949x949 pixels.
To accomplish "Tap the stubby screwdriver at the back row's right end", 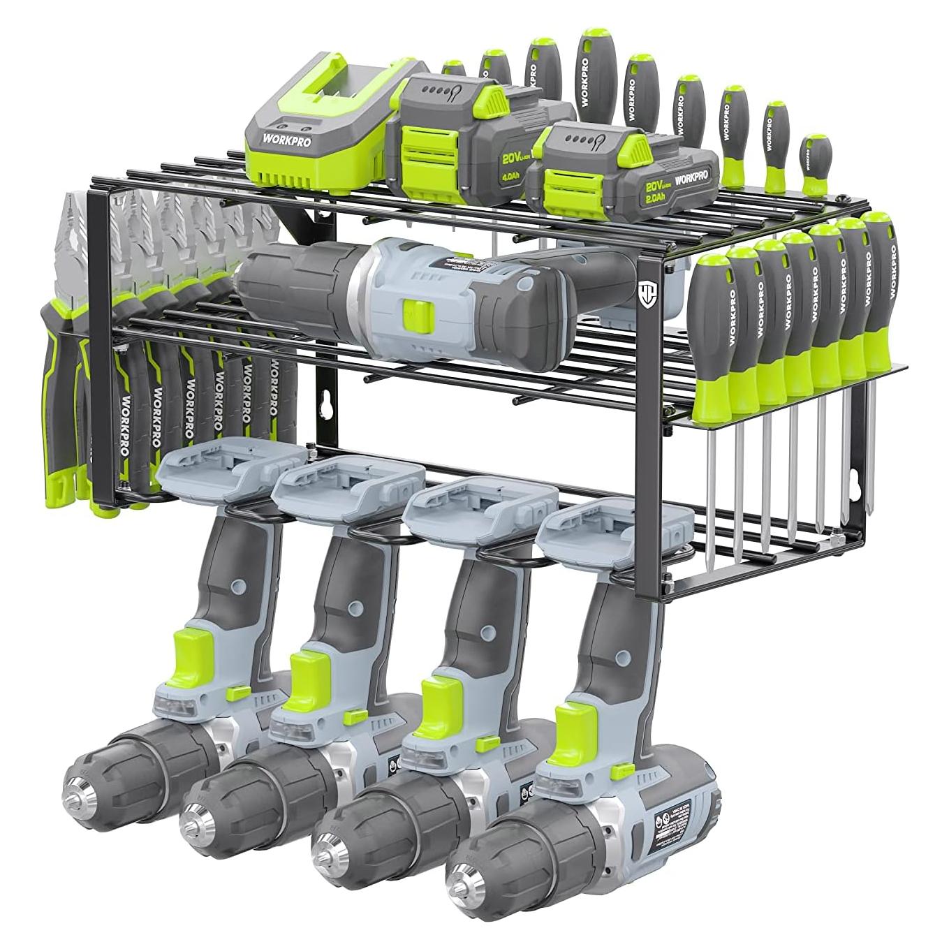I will [813, 162].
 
